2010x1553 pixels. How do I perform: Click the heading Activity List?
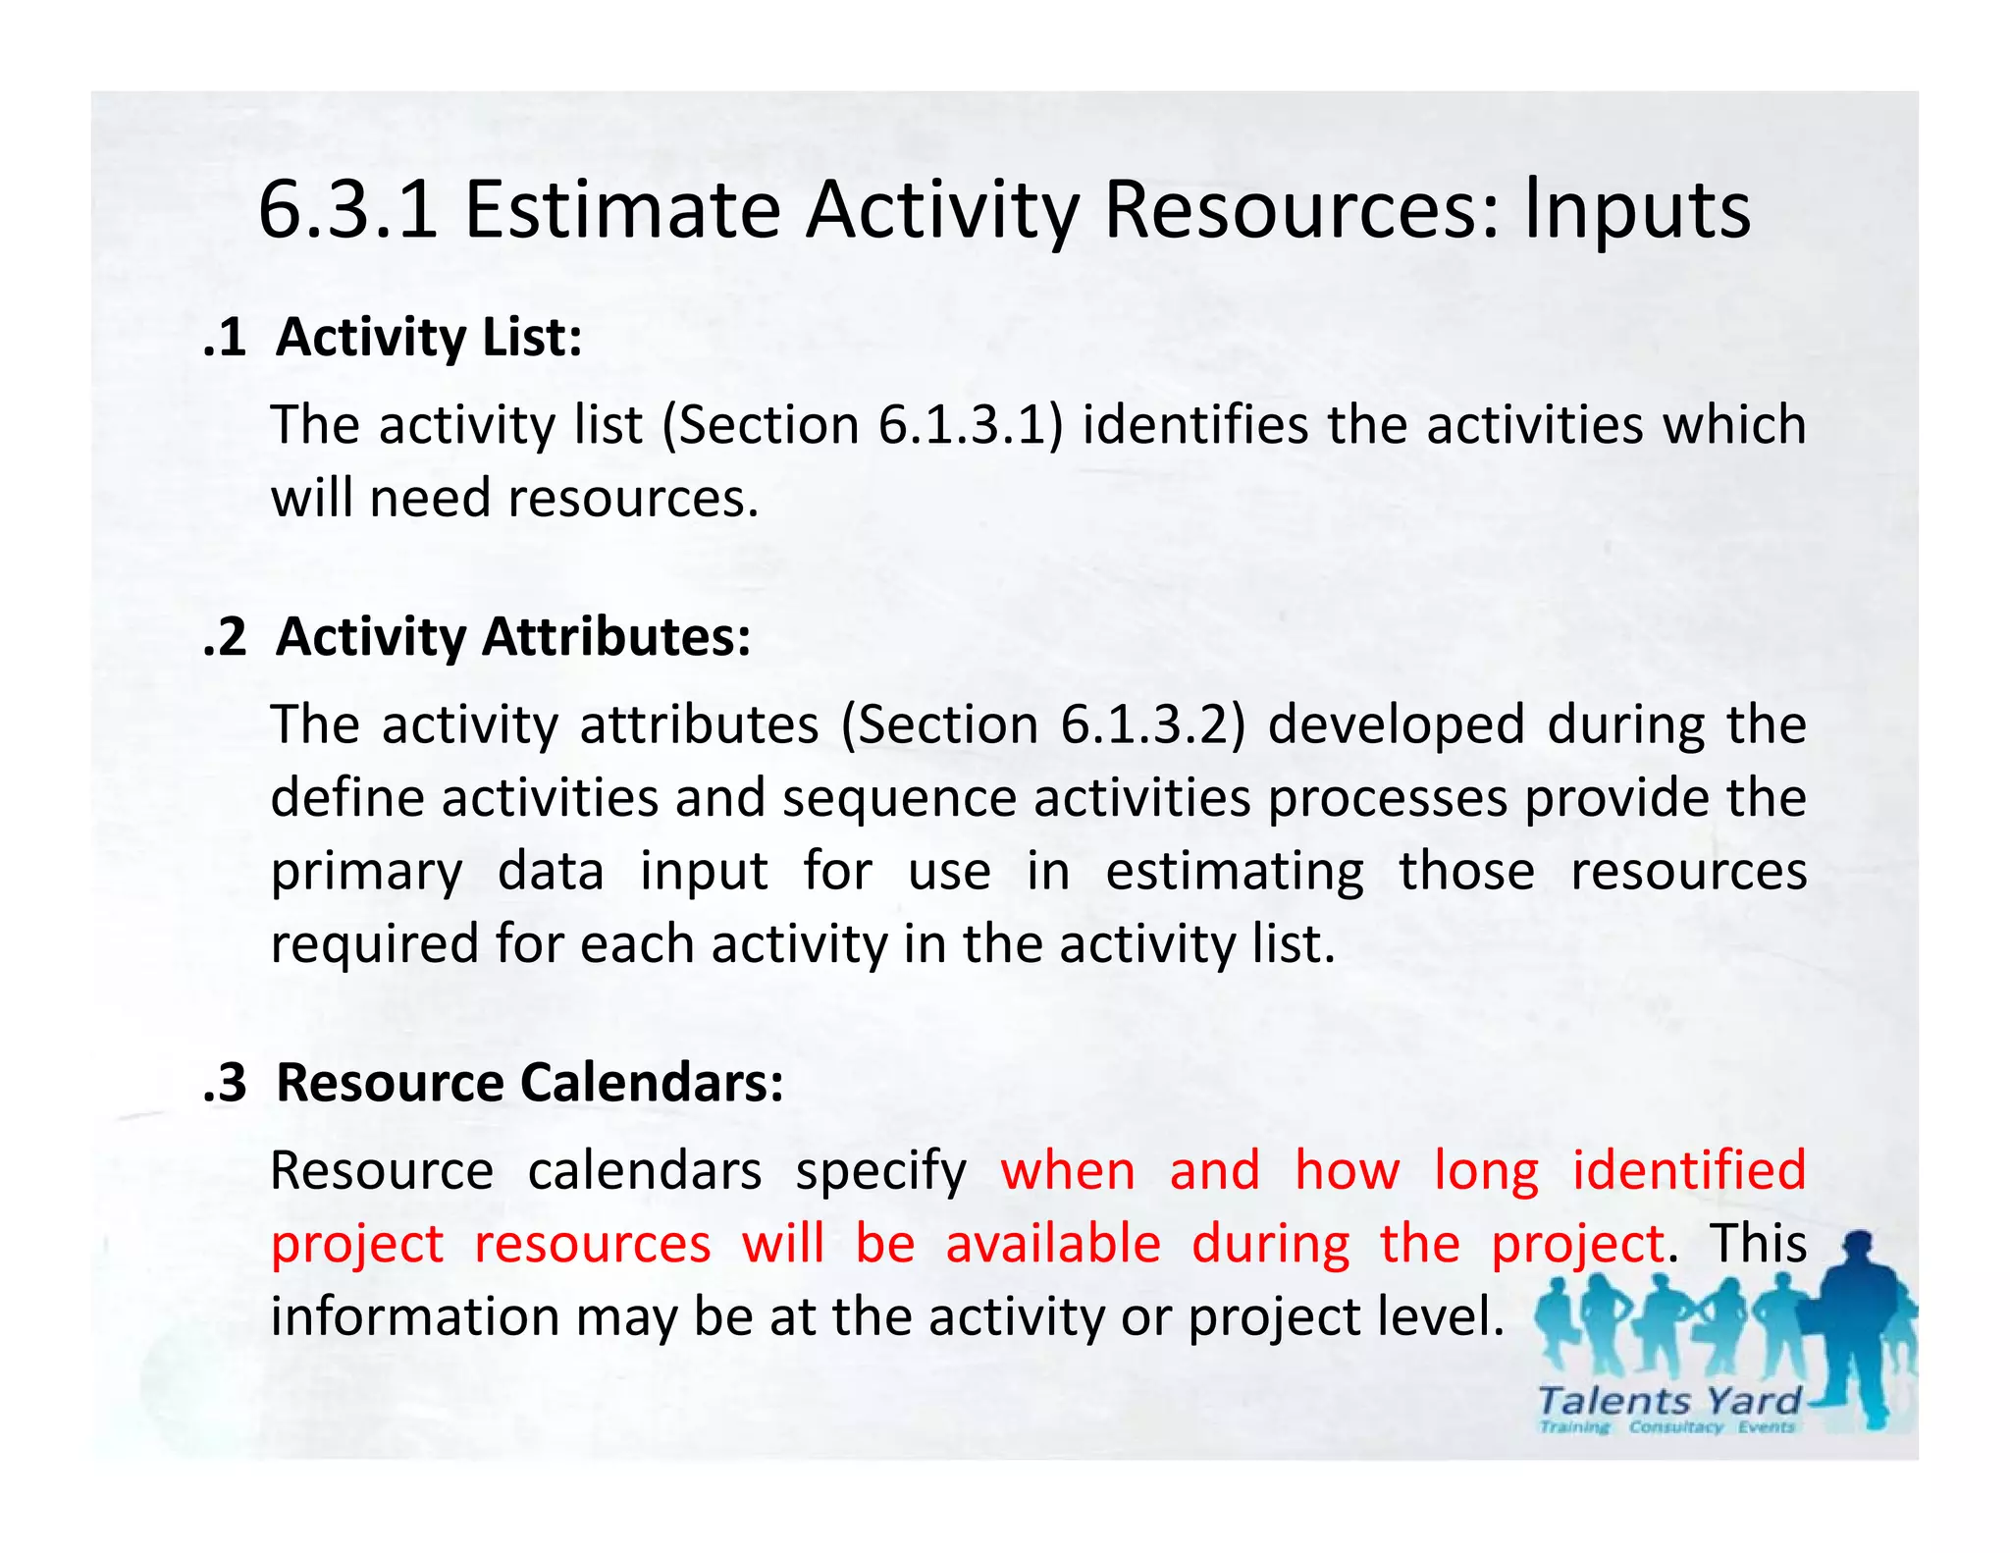click(x=429, y=338)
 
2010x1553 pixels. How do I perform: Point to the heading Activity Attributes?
click(x=513, y=637)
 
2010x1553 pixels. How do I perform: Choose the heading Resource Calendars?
click(x=530, y=1083)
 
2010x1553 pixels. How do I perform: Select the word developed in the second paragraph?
click(x=1396, y=724)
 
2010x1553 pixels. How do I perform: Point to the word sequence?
click(x=899, y=798)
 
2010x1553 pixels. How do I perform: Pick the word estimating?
click(x=1235, y=872)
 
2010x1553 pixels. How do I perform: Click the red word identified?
click(x=1688, y=1170)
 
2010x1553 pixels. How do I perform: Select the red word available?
click(x=1053, y=1244)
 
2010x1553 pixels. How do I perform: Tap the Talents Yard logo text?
click(x=1668, y=1401)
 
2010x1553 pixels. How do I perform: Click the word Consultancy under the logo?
click(x=1675, y=1427)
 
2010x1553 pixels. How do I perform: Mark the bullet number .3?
click(x=225, y=1084)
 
